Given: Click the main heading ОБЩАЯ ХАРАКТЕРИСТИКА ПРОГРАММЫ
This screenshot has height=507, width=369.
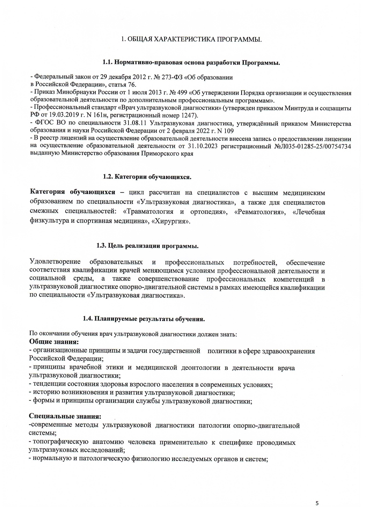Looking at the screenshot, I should pos(191,39).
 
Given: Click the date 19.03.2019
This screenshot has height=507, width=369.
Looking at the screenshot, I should pos(65,116).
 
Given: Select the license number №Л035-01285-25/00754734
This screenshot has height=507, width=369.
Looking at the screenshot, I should pos(312,146).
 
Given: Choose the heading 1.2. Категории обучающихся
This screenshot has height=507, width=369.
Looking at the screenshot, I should pos(147,177).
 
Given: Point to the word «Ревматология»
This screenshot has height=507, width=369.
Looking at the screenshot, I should pos(259,212).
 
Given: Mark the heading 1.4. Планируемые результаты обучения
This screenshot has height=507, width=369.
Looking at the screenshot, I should pos(144,319).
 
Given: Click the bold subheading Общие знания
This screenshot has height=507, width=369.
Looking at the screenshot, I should pos(54,342).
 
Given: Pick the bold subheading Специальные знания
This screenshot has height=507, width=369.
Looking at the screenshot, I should pos(65,417).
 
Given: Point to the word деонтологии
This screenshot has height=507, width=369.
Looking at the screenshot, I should pos(201,368).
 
